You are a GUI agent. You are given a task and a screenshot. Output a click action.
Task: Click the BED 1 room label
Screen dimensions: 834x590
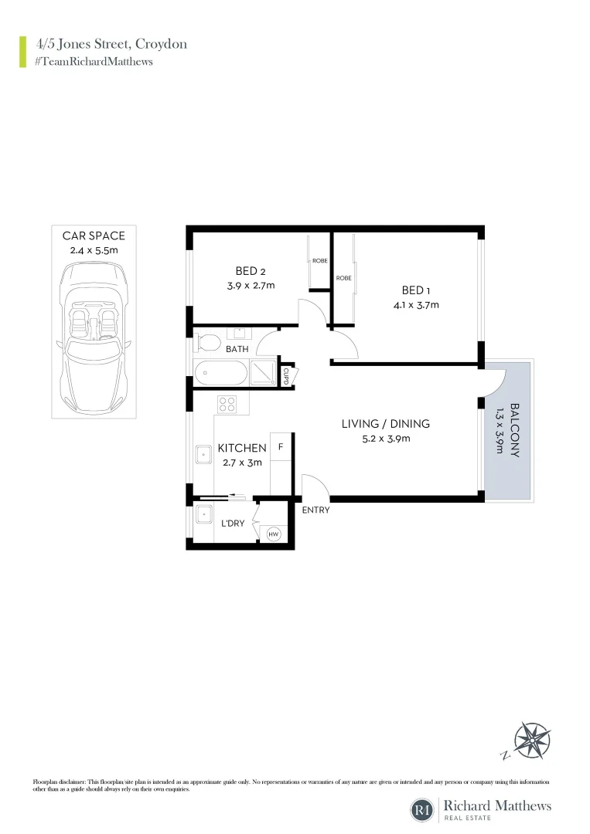[413, 290]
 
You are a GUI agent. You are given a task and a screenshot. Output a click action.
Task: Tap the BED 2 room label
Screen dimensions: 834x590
[251, 271]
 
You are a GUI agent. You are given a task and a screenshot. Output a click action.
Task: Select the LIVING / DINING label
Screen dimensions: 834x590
[385, 424]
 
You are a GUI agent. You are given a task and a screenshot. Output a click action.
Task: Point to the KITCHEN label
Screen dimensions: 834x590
[242, 448]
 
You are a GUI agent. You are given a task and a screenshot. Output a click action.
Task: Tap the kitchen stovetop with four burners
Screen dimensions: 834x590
[227, 402]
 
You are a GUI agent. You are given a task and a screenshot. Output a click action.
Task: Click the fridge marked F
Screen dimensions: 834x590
[281, 448]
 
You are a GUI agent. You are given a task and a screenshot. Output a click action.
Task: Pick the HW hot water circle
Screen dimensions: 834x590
[273, 533]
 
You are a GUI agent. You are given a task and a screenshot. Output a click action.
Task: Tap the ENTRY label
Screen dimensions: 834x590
[315, 510]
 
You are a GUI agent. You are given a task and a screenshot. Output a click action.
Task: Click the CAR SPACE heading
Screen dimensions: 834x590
[94, 236]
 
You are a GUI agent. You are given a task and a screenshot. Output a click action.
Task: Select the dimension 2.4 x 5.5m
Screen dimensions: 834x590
[94, 250]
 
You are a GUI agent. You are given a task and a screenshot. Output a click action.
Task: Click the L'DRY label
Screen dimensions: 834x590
[233, 524]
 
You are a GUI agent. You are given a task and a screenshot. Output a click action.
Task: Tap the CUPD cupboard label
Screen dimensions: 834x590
[286, 376]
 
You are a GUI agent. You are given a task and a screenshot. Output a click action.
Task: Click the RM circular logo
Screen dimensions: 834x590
[422, 810]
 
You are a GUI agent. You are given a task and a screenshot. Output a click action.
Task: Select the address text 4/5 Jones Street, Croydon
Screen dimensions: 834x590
[111, 44]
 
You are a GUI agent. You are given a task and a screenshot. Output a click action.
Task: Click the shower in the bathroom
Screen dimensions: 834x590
[264, 374]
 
